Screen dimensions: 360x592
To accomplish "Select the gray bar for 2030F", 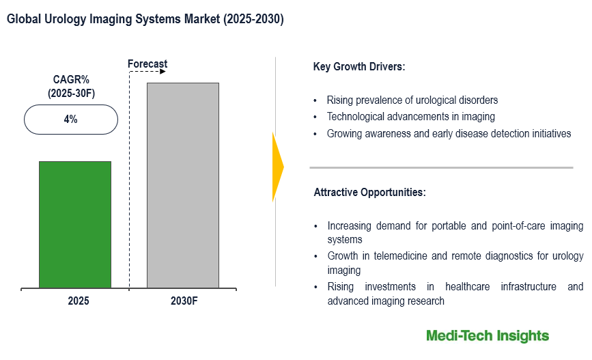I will pyautogui.click(x=183, y=185).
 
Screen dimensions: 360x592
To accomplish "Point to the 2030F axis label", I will pyautogui.click(x=184, y=301).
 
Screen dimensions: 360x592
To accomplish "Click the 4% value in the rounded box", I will pyautogui.click(x=70, y=120).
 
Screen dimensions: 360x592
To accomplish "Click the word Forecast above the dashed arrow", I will pyautogui.click(x=147, y=64).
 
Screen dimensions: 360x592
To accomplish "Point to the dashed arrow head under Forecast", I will pyautogui.click(x=164, y=71).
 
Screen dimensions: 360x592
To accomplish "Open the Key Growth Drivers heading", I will pyautogui.click(x=359, y=67).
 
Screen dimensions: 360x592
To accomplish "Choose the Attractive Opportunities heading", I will pyautogui.click(x=369, y=193).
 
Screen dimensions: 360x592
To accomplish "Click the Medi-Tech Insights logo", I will pyautogui.click(x=487, y=335).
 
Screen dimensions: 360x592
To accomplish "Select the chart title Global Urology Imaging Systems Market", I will pyautogui.click(x=145, y=20).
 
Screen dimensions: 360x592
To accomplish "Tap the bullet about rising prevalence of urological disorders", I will pyautogui.click(x=412, y=100).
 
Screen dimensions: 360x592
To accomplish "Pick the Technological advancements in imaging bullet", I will pyautogui.click(x=410, y=117).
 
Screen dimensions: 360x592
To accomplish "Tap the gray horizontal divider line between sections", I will pyautogui.click(x=441, y=167).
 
